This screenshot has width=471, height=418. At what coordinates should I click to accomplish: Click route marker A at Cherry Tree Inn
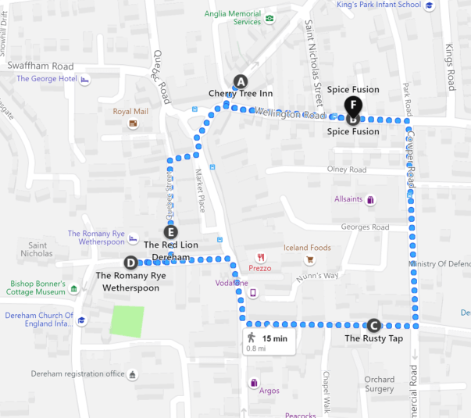coord(241,81)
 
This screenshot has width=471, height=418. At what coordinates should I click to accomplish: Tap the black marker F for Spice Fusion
coord(353,104)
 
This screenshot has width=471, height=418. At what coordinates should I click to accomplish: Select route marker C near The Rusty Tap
coord(373,326)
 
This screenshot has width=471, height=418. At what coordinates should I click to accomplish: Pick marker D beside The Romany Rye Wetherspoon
coord(130,263)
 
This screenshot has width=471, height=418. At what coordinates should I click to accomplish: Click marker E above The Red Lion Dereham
coord(171,231)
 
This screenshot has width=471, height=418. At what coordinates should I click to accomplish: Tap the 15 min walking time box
coord(268,341)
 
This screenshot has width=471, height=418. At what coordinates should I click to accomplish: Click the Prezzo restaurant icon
coord(260,257)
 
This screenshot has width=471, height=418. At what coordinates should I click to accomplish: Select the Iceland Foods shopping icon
coord(310,259)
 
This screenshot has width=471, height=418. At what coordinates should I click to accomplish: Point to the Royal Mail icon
coord(134,123)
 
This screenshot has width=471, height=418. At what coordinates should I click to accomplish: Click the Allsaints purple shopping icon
coord(370,199)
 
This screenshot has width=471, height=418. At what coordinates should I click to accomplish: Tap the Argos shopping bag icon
coord(254,383)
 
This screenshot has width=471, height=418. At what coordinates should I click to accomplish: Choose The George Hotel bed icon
coord(85,79)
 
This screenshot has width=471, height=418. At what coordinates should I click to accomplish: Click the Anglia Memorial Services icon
coord(269,19)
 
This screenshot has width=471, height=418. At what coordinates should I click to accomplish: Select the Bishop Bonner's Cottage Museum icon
coord(73,289)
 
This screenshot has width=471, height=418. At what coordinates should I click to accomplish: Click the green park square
coord(127,322)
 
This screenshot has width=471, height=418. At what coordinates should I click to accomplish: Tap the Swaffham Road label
coord(41,66)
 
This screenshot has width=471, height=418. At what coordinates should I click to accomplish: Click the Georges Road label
coord(365,227)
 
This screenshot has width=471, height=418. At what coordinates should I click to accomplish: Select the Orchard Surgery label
coord(379,384)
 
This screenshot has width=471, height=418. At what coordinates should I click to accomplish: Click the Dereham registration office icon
coord(132,374)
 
